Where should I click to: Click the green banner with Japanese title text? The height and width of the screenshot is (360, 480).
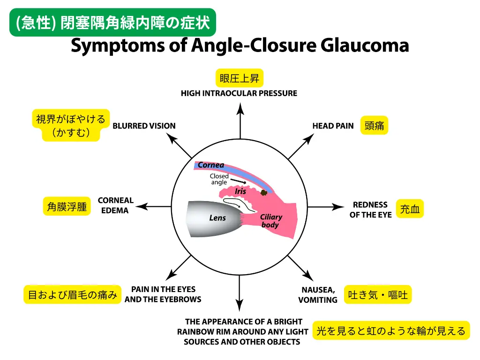(x=112, y=22)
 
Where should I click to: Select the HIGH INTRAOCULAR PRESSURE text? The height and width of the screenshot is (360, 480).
(x=239, y=93)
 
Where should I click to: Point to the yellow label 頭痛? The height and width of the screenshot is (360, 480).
(x=374, y=126)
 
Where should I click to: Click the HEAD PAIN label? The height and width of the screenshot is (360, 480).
(x=333, y=126)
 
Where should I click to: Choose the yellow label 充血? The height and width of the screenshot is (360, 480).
(x=410, y=209)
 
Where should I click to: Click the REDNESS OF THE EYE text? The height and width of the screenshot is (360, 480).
(x=370, y=210)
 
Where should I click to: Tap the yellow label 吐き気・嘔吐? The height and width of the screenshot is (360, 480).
(x=377, y=295)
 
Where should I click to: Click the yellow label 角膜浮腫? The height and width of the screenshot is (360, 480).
(x=67, y=206)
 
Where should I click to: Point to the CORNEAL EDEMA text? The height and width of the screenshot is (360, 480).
(x=115, y=205)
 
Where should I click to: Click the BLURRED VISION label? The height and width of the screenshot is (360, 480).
(x=144, y=126)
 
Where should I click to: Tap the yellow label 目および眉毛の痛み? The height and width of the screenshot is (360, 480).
(x=72, y=295)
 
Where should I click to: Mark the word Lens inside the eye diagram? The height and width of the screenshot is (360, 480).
(x=217, y=218)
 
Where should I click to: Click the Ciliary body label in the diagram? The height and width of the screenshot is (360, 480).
(x=270, y=221)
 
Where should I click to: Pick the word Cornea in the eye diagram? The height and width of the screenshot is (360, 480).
(x=210, y=165)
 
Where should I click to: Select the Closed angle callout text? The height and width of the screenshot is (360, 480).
(x=219, y=179)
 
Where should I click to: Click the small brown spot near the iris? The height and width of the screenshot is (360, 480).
(x=265, y=192)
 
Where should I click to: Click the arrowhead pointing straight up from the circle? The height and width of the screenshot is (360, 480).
(x=240, y=109)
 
